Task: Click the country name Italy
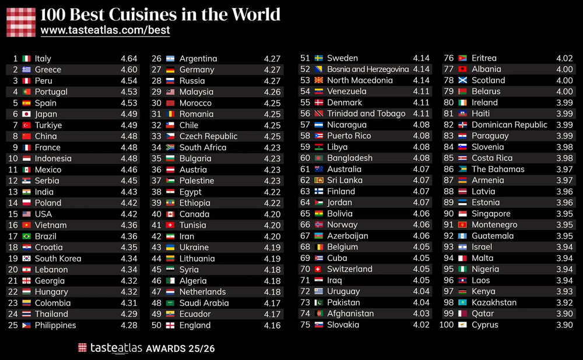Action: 43,58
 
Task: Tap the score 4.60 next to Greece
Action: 129,69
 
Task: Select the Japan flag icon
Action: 26,114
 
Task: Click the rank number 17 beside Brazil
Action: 13,237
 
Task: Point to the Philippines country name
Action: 55,325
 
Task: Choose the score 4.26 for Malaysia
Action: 272,92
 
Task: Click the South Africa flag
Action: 170,147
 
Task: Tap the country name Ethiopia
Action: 195,203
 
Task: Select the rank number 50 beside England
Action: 156,325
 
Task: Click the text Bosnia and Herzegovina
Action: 368,69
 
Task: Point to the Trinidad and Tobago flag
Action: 319,114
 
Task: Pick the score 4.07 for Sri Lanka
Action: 421,181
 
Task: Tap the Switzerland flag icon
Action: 319,269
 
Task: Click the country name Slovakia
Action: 343,324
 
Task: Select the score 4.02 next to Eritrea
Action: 564,58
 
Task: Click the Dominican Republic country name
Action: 510,125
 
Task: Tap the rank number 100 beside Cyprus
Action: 446,324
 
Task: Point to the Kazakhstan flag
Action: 462,302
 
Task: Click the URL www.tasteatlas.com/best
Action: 105,30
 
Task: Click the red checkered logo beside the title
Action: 21,22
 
